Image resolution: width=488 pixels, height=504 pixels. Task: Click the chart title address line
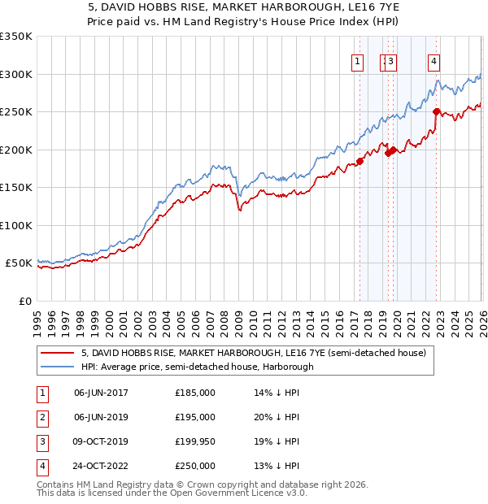[x=243, y=9]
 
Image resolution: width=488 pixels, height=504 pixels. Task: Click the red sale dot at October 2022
[x=437, y=112]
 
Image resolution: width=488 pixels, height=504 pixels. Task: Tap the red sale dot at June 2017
[x=359, y=161]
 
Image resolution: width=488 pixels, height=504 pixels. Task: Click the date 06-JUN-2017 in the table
[x=101, y=393]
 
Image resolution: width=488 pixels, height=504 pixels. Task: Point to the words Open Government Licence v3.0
[x=241, y=493]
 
